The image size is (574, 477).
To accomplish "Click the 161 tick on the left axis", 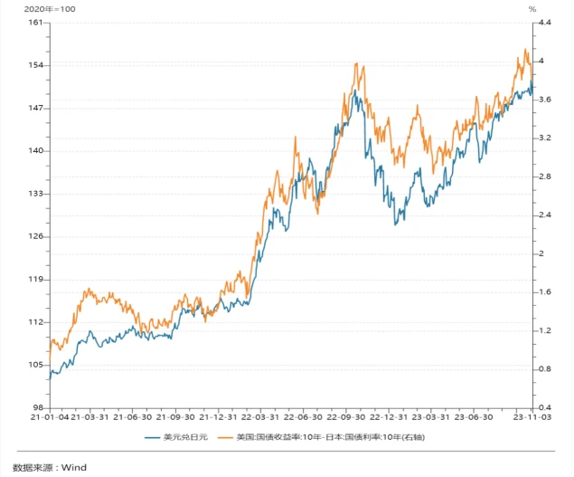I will coord(36,23).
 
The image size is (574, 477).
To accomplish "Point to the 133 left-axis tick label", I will coord(36,194).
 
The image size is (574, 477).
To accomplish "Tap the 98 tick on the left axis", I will coord(38,408).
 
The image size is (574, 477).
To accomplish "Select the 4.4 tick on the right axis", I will coord(545,23).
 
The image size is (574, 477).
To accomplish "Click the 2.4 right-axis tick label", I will coord(545,215).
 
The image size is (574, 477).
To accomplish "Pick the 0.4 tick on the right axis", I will coord(545,408).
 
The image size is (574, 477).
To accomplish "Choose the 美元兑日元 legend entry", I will coord(185,438).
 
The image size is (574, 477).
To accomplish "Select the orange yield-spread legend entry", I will coord(330,438).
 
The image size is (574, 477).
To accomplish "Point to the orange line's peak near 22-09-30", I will coord(359,64).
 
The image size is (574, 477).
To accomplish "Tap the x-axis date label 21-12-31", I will coord(217,418).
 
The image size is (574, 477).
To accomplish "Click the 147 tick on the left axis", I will coord(36,109).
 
